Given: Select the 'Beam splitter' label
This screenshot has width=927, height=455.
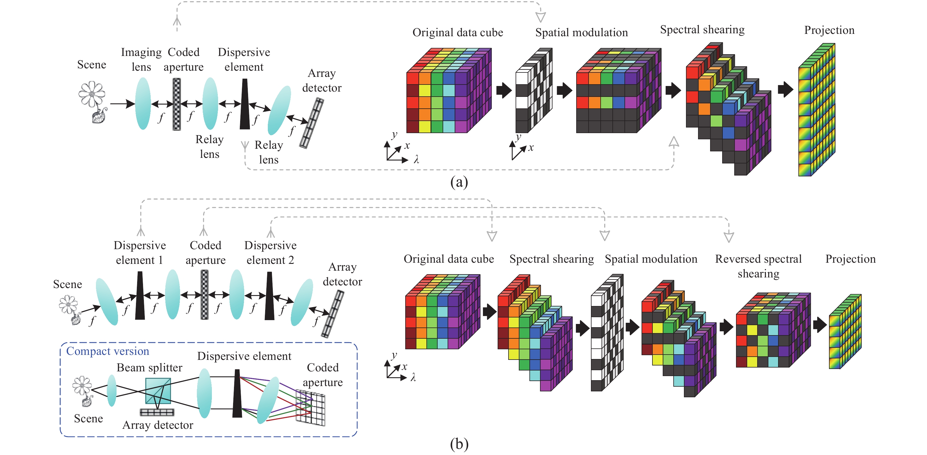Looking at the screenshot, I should [149, 368].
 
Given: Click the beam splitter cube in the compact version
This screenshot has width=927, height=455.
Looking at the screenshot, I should [158, 391].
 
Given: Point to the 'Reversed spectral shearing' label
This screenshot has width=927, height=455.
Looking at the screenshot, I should [758, 266].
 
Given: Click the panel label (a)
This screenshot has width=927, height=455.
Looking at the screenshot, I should [459, 182].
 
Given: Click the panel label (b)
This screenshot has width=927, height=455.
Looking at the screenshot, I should [459, 444].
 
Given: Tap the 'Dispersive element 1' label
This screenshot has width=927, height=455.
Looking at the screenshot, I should [139, 253].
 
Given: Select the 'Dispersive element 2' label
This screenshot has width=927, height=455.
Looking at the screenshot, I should [270, 253].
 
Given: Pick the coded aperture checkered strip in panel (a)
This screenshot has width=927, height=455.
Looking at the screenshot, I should [177, 104].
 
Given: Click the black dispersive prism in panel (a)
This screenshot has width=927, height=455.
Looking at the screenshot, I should [245, 105].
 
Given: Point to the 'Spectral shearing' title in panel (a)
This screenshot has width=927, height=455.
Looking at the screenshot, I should [702, 29].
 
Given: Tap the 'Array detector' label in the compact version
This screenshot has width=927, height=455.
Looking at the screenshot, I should [158, 425].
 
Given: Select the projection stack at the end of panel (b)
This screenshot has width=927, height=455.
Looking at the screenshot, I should [845, 331].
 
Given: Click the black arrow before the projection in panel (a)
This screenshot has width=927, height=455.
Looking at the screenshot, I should [785, 89].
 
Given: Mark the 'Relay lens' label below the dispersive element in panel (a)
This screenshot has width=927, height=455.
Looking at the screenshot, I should [269, 152].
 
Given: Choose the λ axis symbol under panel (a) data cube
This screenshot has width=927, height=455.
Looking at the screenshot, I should [416, 159].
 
